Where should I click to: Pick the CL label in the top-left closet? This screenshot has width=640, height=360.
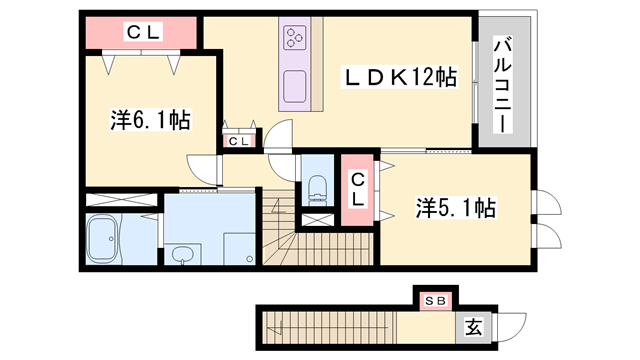pos(142,32)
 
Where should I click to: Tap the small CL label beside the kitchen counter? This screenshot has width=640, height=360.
pos(238,141)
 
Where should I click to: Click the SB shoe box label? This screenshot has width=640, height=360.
pos(436,299)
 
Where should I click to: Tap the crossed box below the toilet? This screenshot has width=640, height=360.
pos(317,217)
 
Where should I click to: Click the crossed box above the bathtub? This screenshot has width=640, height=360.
pos(119,199)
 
